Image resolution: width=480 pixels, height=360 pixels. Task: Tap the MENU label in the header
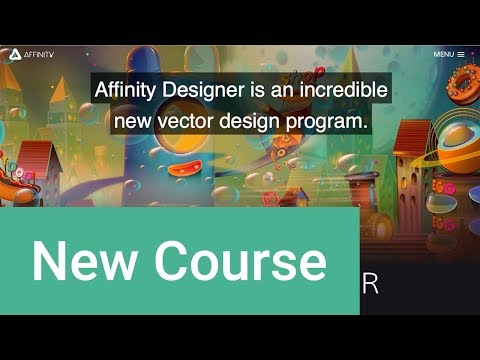(443, 54)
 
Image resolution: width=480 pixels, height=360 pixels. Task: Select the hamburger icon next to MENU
(460, 54)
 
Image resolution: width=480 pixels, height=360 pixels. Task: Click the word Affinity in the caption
(126, 89)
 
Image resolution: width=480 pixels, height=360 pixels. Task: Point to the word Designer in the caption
(205, 89)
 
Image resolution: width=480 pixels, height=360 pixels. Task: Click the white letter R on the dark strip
(370, 285)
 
